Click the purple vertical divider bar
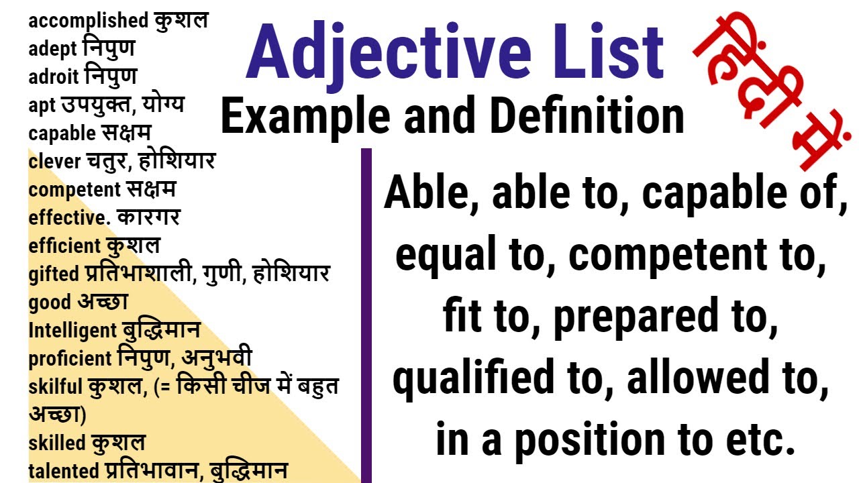366,315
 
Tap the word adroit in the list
53,77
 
